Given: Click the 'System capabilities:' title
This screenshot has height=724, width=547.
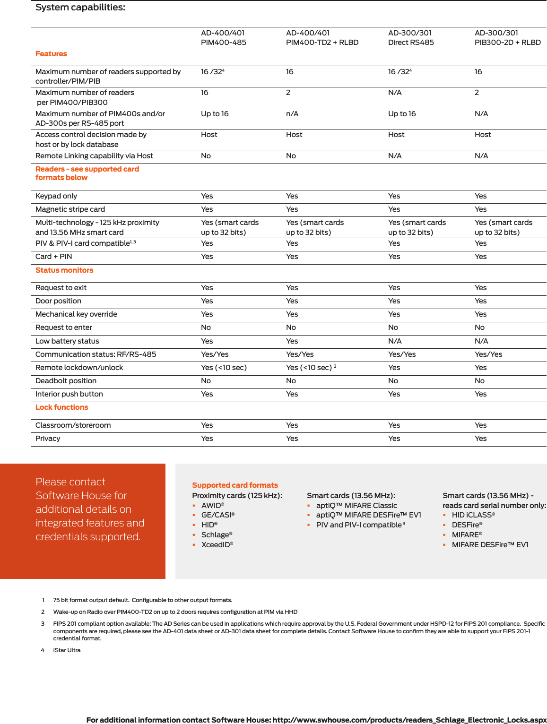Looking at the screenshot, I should [x=80, y=8].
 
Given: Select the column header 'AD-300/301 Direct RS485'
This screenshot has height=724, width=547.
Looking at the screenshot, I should [x=410, y=38].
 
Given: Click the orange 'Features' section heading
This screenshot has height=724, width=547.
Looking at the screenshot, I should [x=51, y=54].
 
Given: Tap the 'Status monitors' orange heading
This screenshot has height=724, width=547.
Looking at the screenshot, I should [x=64, y=270].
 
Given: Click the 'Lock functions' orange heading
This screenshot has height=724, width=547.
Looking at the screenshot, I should [x=61, y=407].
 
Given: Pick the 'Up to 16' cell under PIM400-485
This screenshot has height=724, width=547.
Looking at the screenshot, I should [x=215, y=114].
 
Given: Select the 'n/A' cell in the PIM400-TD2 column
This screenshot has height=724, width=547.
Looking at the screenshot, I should [x=292, y=114].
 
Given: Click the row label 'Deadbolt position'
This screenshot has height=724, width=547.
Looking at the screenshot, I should [x=66, y=381].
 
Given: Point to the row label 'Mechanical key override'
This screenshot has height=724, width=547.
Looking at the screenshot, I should [x=76, y=314].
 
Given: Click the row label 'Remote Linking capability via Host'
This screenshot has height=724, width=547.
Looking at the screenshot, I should [x=94, y=156].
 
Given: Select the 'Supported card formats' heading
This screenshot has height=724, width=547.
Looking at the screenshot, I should [x=235, y=485].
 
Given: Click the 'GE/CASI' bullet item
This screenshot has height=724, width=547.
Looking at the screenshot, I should [x=217, y=515].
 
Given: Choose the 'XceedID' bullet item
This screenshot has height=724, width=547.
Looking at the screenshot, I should [x=217, y=545].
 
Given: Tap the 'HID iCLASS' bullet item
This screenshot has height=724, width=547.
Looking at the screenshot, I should [x=473, y=515].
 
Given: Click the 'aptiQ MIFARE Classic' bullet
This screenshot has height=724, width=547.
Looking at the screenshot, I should [x=356, y=506].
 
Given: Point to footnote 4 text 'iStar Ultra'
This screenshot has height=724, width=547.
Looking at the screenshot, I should [x=67, y=650].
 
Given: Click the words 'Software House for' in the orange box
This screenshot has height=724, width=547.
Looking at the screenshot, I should [x=81, y=496].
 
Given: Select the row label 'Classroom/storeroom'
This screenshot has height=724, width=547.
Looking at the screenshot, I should [x=73, y=425].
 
